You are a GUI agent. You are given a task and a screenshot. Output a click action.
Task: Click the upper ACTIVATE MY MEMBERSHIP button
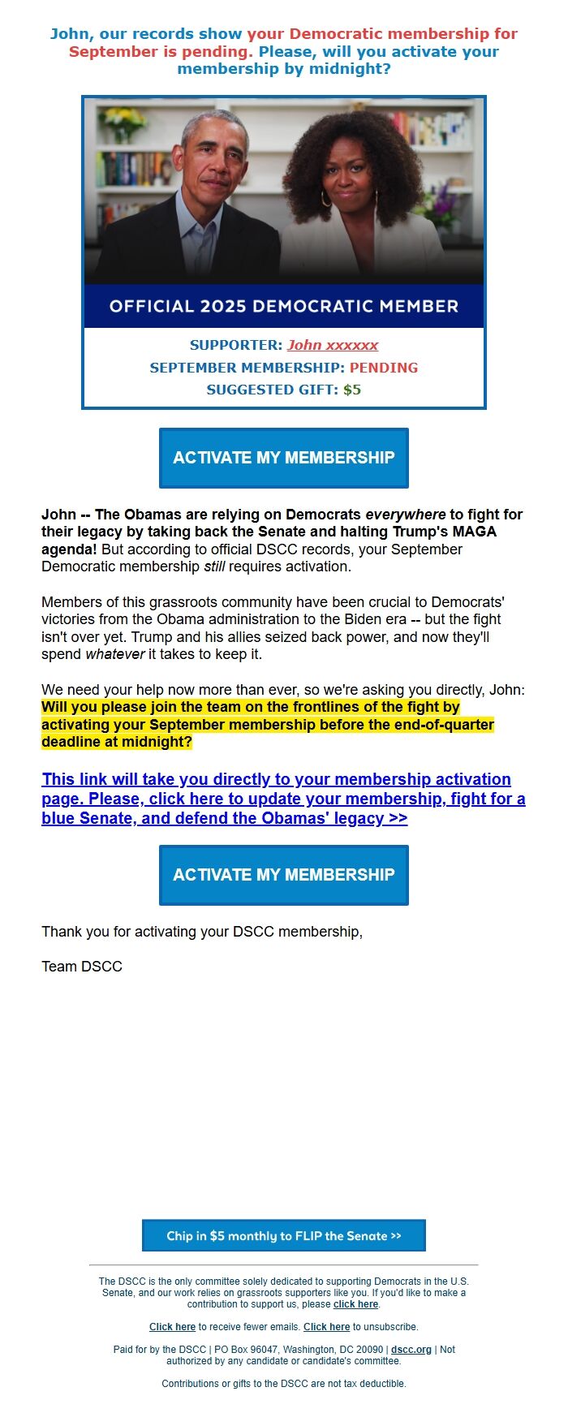(x=283, y=458)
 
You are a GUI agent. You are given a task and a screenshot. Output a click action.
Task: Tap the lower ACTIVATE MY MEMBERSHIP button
(x=283, y=875)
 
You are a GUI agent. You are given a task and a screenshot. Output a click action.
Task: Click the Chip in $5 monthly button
(x=283, y=1235)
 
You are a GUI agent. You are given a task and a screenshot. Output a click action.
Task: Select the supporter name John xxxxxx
(x=333, y=345)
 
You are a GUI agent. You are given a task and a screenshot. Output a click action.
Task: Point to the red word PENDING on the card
(x=384, y=368)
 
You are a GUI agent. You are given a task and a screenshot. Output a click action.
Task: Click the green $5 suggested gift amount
(x=352, y=390)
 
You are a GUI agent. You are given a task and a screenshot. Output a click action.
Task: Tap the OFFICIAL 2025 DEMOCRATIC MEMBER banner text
(x=283, y=306)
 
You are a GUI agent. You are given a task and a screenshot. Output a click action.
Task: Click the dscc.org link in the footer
(x=411, y=1350)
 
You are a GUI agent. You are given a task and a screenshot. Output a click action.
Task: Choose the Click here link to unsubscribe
(x=326, y=1327)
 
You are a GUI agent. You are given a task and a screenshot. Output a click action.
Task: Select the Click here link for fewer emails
(x=172, y=1327)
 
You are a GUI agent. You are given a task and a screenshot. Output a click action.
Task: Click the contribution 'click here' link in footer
(x=355, y=1304)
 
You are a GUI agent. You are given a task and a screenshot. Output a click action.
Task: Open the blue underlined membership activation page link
(x=283, y=799)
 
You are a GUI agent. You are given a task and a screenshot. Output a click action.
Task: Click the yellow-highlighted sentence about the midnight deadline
(x=267, y=725)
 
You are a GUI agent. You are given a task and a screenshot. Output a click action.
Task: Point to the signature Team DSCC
(x=82, y=967)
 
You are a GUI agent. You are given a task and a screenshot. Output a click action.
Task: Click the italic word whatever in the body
(x=114, y=654)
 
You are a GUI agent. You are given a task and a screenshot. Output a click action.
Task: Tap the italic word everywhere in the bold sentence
(x=405, y=515)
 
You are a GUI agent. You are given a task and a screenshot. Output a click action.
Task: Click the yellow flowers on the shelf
(x=124, y=120)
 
